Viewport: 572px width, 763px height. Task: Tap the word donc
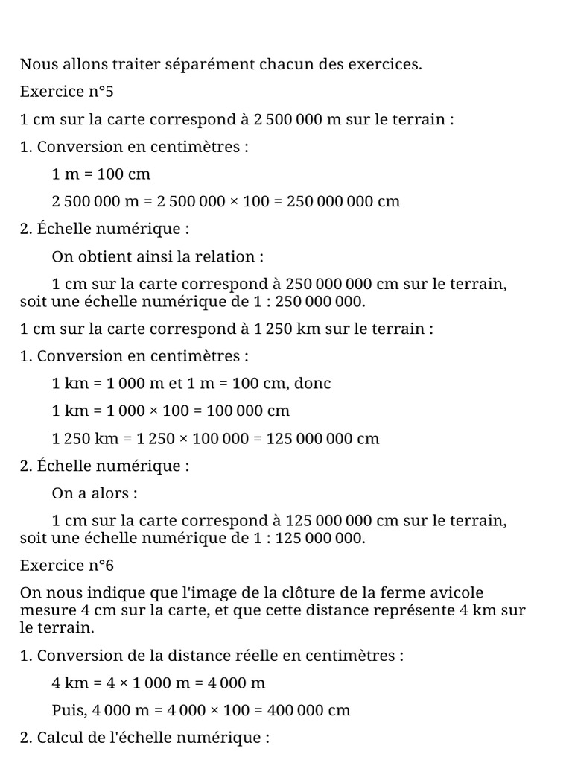click(313, 384)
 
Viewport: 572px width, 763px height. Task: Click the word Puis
click(69, 710)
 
